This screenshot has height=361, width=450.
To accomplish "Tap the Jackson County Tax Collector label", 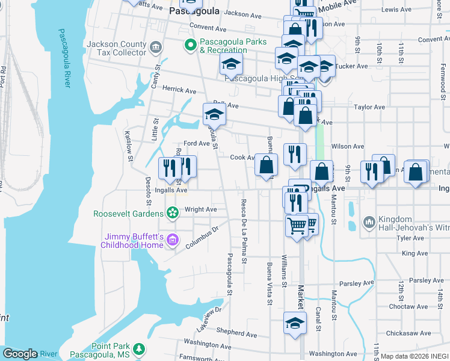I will click(116, 48).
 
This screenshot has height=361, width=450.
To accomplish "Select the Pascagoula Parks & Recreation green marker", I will click(191, 44).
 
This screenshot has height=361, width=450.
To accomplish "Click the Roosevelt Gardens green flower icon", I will click(173, 212).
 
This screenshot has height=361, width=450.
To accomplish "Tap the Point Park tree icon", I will click(139, 349).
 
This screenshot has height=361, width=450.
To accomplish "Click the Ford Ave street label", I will click(196, 143).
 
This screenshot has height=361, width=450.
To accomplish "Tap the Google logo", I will click(20, 354).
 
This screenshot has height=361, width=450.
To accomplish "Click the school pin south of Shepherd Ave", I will click(295, 323).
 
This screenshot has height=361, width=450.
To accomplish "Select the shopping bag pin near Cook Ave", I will click(265, 165).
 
